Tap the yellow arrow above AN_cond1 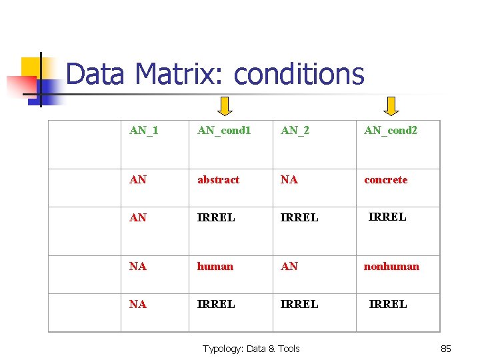point(226,105)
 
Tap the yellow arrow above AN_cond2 point(392,105)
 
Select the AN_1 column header point(143,130)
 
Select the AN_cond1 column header point(224,130)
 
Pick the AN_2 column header point(295,130)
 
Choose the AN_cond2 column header point(390,130)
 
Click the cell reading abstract point(218,180)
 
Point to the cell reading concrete point(385,180)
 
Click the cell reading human point(215,267)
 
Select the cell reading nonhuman point(391,267)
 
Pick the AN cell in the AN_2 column point(289,267)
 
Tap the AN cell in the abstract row point(138,180)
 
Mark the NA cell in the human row point(138,267)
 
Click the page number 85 point(446,349)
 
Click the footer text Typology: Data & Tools point(251,349)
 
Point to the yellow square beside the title point(31,67)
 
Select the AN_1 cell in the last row point(138,305)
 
